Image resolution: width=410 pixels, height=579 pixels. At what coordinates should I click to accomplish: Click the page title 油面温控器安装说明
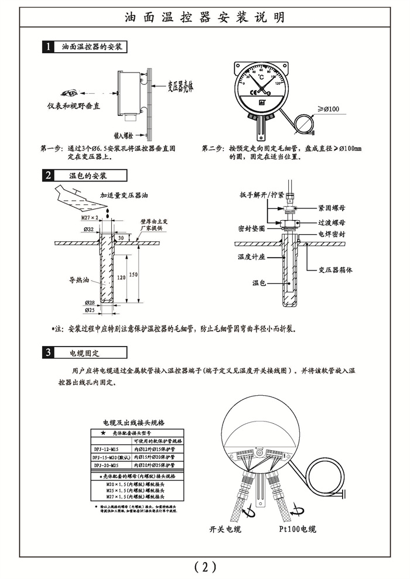(x=205, y=17)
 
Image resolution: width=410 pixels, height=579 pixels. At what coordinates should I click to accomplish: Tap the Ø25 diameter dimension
(x=90, y=309)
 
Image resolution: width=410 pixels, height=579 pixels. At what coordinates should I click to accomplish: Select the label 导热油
(x=78, y=280)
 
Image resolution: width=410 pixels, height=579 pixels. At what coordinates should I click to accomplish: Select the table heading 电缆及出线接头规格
(x=134, y=422)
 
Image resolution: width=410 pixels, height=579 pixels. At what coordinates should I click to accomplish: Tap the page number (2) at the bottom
(x=205, y=566)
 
